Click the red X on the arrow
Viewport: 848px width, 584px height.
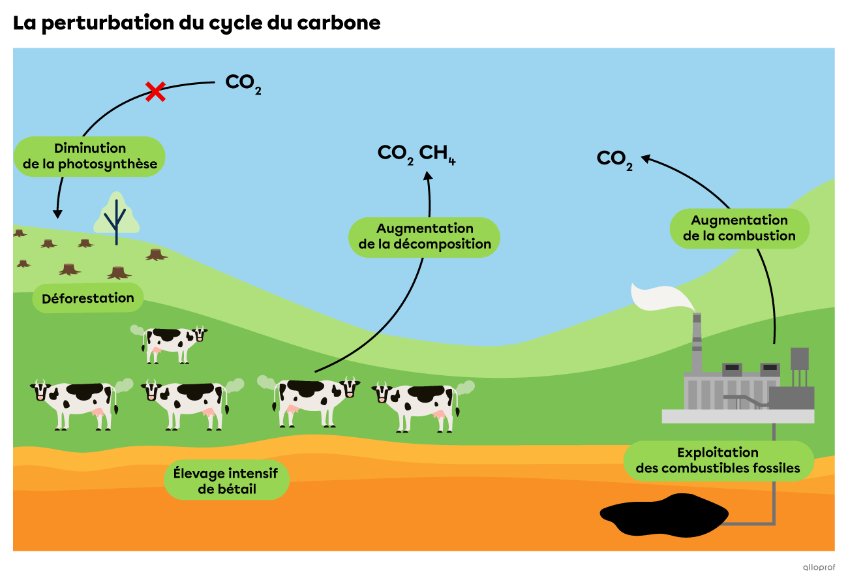155,91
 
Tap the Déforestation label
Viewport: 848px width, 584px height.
88,298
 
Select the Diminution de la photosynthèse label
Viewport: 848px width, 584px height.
90,156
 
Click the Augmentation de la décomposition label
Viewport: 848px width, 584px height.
425,237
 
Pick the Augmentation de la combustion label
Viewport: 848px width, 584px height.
739,228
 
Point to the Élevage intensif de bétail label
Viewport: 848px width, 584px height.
226,480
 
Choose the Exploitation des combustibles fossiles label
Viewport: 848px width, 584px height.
718,461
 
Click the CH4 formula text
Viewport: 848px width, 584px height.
437,154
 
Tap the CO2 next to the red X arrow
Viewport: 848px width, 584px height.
243,84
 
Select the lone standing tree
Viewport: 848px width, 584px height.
117,218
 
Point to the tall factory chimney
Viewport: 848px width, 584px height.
697,343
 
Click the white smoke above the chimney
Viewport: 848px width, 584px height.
661,298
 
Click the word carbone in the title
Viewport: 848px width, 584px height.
339,23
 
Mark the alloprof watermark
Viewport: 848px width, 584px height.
819,567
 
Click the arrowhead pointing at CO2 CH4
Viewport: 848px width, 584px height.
428,176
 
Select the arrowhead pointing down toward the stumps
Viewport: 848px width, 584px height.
57,214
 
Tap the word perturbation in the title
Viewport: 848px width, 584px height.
108,23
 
